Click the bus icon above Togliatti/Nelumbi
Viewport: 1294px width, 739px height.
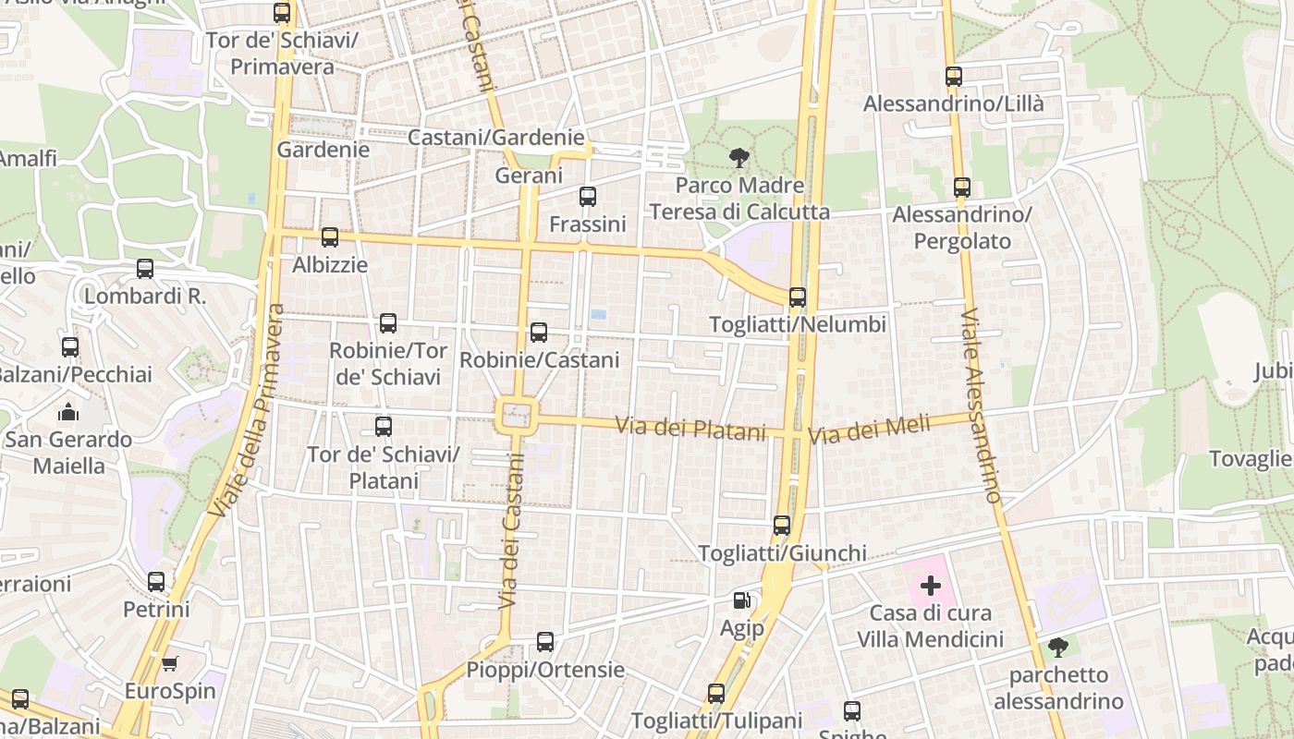[798, 297]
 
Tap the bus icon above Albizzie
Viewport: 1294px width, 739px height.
[330, 237]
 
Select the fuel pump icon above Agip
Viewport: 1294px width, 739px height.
[741, 600]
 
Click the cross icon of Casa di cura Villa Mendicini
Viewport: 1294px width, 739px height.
[931, 586]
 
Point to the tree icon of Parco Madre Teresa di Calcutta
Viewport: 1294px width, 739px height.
[739, 158]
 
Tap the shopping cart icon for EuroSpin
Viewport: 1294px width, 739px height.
[169, 663]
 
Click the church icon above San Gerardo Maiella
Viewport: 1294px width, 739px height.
[69, 412]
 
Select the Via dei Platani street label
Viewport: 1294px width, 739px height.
[691, 429]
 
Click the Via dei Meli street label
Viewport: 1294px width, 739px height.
[869, 430]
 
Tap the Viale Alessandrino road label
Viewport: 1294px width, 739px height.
[981, 406]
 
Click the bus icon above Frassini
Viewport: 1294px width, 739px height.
[588, 196]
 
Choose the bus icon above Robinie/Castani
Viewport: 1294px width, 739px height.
[539, 332]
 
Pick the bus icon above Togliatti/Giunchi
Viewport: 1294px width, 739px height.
[782, 526]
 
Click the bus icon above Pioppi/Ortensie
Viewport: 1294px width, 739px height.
[545, 641]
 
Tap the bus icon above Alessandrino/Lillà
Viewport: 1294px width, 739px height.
[954, 77]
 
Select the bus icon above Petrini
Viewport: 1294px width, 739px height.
[156, 582]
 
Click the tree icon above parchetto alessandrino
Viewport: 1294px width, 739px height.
[1058, 648]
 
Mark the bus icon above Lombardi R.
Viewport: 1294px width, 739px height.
[145, 269]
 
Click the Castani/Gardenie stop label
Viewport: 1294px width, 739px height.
[495, 138]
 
